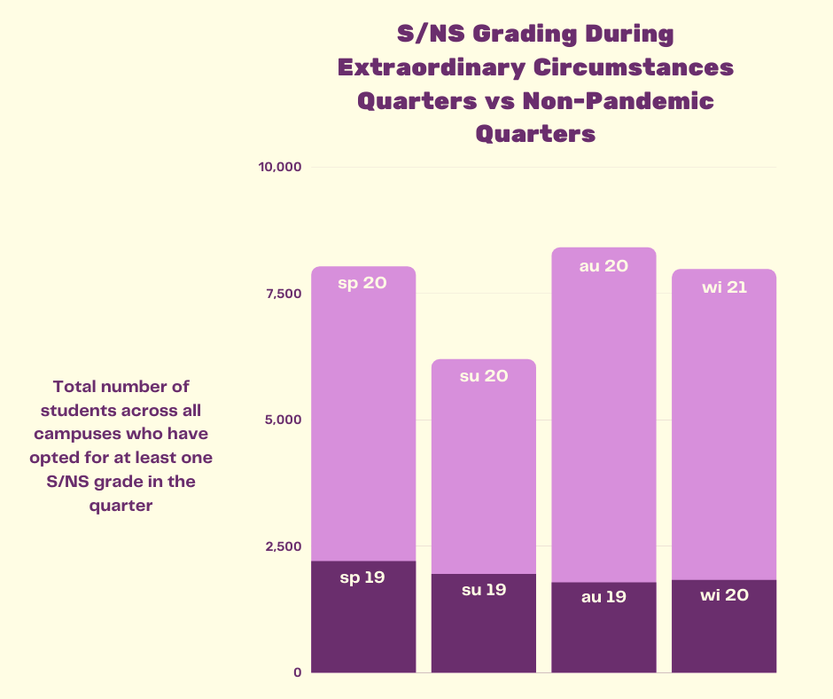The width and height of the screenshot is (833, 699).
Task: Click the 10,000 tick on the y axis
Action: coord(280,167)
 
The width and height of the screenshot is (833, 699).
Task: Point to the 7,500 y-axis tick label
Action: coord(284,294)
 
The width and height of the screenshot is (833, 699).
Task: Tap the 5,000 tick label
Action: coord(284,420)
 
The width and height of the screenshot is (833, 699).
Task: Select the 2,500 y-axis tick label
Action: coord(284,546)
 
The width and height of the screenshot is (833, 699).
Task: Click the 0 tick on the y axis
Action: coord(298,672)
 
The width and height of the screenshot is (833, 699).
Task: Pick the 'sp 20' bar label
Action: coord(362,283)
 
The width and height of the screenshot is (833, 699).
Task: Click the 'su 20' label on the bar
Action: coord(484,376)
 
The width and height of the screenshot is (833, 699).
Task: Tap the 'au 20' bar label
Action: coord(604,266)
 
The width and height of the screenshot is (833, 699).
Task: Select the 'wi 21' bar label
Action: coord(725,287)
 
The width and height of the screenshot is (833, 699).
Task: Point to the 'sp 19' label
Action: coord(362,577)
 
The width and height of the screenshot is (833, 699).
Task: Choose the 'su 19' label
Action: coord(484,590)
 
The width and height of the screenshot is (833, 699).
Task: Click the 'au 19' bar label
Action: coord(604,597)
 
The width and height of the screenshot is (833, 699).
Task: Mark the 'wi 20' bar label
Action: coord(725,594)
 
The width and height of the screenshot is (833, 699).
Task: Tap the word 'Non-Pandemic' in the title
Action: coord(619,100)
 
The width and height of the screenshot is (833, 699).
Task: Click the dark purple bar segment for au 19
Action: coord(604,628)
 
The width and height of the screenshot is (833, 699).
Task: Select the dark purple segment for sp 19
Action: coord(363,617)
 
